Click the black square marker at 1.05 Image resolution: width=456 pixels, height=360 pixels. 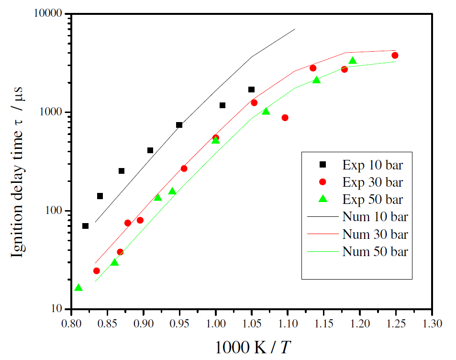coord(251,90)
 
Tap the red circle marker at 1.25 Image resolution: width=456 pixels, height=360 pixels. coord(395,56)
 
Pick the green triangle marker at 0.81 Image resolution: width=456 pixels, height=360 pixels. coord(78,288)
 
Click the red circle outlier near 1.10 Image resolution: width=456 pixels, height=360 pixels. coord(285,118)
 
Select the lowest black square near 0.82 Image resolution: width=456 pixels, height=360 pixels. coord(85,226)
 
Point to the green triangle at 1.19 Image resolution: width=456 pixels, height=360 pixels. coord(353,61)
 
